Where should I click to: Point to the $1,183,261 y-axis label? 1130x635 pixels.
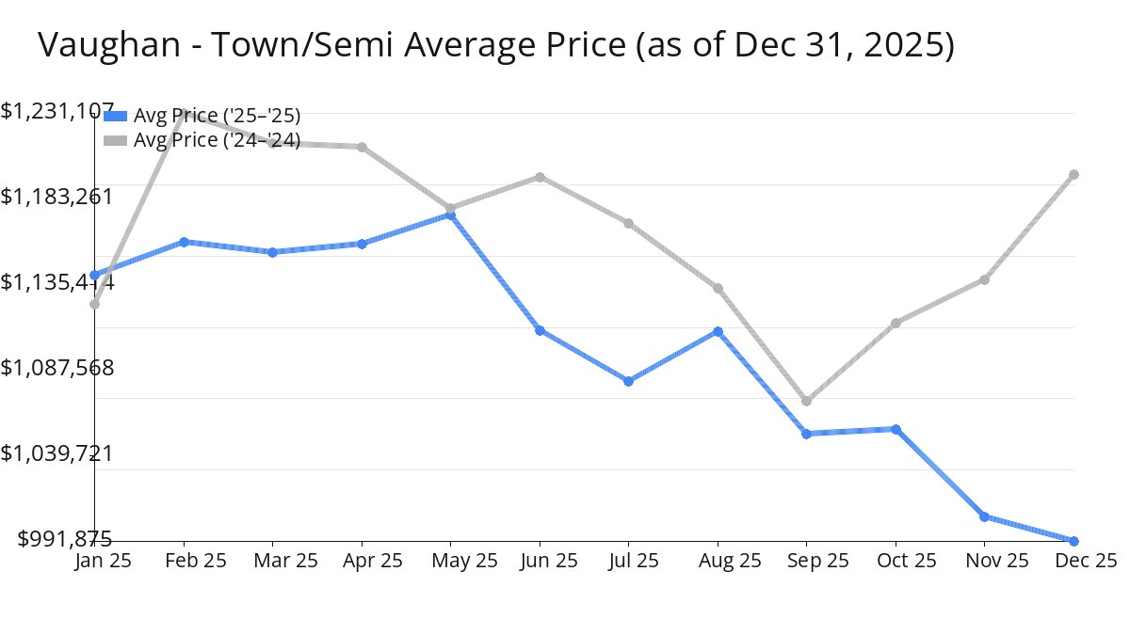56,197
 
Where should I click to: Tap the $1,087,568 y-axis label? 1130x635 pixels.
56,368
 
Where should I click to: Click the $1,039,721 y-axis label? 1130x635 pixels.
56,453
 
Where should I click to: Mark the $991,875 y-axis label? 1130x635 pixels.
65,539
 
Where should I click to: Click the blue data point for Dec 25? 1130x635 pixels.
1073,541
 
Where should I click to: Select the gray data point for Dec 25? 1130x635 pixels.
1073,175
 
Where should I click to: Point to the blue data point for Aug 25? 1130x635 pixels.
718,331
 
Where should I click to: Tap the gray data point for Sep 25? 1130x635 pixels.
806,402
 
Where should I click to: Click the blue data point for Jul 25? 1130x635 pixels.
628,381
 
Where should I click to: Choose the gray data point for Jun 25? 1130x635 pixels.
540,177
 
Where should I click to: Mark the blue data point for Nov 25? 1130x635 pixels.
984,516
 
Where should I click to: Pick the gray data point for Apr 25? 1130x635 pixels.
362,147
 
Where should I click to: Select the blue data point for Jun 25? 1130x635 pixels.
540,330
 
